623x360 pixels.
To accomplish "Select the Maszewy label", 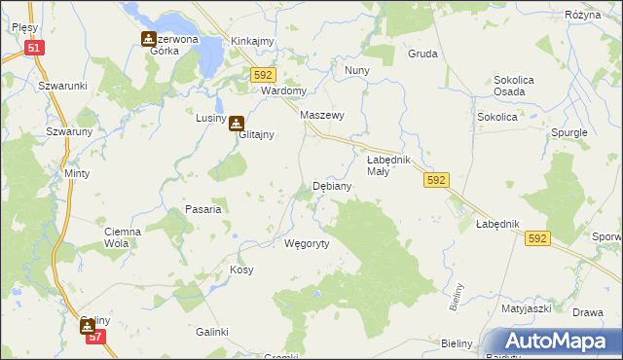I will [x=323, y=115].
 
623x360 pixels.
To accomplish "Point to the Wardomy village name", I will [x=284, y=91].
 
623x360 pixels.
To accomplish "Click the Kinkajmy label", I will [x=252, y=42].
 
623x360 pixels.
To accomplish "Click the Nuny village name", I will [x=356, y=71].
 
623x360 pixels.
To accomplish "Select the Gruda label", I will [x=422, y=54].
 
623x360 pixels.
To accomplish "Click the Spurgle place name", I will [x=569, y=131].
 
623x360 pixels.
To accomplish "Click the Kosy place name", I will [x=241, y=270].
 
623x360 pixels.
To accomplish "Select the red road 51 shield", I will [x=35, y=48].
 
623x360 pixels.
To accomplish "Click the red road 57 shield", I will [x=94, y=337].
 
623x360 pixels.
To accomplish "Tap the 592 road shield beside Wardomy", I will [x=264, y=75].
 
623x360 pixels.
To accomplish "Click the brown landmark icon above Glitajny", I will [x=236, y=124].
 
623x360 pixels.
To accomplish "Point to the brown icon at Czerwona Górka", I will [x=148, y=39].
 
